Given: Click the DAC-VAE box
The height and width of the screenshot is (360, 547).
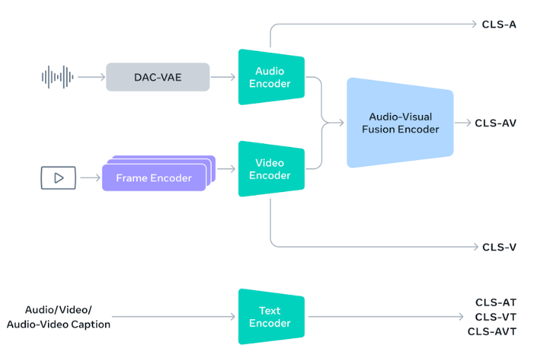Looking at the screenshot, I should pyautogui.click(x=158, y=77).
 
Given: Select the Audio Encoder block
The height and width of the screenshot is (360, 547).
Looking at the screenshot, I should pyautogui.click(x=271, y=77).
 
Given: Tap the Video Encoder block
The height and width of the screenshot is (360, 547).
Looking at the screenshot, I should pyautogui.click(x=271, y=169).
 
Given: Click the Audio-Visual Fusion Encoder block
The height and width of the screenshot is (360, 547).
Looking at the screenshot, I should pyautogui.click(x=399, y=123).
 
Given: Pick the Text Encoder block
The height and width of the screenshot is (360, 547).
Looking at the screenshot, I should pyautogui.click(x=271, y=317).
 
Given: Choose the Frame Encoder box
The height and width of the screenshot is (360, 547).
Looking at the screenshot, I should pyautogui.click(x=154, y=177).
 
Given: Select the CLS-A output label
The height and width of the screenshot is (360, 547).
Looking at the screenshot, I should pyautogui.click(x=499, y=25).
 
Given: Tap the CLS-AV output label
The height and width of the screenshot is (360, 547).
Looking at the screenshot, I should pyautogui.click(x=495, y=123).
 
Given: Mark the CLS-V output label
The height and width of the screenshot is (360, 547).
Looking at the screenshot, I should pyautogui.click(x=499, y=247).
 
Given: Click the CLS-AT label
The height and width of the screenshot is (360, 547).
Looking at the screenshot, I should pyautogui.click(x=495, y=303).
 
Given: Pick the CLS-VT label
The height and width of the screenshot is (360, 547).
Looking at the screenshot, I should pyautogui.click(x=495, y=317).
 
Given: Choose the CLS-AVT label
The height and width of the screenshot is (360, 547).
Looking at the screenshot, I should pyautogui.click(x=492, y=331).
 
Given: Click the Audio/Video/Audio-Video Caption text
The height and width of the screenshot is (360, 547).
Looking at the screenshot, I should pyautogui.click(x=59, y=317).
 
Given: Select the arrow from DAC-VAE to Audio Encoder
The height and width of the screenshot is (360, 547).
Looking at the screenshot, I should pyautogui.click(x=224, y=77).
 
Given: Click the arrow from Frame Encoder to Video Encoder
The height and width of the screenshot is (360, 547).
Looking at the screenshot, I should pyautogui.click(x=226, y=169).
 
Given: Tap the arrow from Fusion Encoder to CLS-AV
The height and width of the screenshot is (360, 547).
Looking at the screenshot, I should pyautogui.click(x=463, y=123).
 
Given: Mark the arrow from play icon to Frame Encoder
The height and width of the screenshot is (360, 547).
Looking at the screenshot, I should pyautogui.click(x=90, y=177).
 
